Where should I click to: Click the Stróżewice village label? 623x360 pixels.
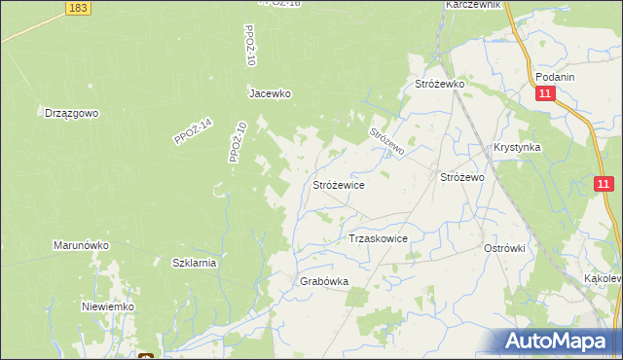coord(338,183)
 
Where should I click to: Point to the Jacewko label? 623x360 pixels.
coord(270,94)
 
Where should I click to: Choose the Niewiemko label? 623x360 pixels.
coord(107,306)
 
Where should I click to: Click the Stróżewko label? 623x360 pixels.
coord(440,85)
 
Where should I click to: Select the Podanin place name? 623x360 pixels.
coord(555,77)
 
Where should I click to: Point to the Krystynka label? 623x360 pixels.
coord(517,147)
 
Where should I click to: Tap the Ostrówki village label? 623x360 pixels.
coord(504,248)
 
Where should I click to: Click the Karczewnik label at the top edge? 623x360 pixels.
coord(473,5)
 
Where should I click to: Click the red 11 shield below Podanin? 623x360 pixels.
coord(545,94)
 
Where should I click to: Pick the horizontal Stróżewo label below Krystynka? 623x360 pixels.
coord(462,178)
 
